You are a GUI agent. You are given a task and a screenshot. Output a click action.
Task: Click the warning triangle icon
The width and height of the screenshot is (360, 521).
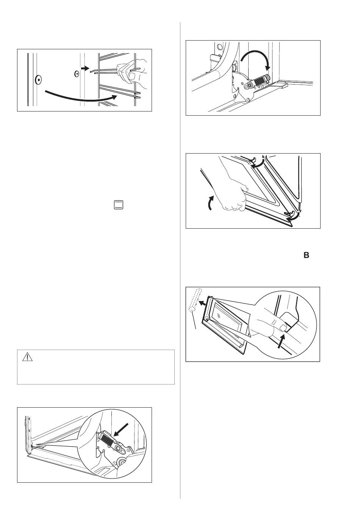tap(27, 357)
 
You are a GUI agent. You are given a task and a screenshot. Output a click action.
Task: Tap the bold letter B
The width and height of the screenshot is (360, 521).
tap(306, 255)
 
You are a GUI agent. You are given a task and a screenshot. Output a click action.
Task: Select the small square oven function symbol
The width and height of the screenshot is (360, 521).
tap(119, 205)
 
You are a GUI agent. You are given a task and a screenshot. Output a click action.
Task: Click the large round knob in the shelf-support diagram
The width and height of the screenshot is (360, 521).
tap(38, 80)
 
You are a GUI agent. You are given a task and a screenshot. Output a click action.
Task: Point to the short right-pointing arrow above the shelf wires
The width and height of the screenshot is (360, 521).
tap(85, 68)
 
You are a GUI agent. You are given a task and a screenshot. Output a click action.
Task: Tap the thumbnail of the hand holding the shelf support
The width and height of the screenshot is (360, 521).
tap(133, 76)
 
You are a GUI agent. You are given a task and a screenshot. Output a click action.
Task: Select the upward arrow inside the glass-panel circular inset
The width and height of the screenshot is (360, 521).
tap(281, 341)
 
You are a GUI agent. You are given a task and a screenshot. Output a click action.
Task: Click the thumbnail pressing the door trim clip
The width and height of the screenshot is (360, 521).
tap(283, 328)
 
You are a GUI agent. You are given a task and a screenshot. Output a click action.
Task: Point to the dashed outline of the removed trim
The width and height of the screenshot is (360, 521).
tap(195, 300)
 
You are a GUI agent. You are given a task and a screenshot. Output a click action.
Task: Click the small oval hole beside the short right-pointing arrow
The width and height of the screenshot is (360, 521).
tap(76, 74)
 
